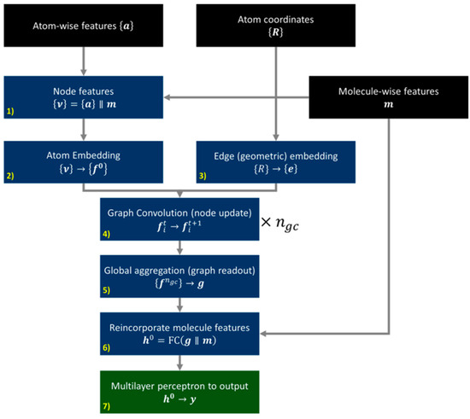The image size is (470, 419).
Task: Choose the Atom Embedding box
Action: coord(83,162)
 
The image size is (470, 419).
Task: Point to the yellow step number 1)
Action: coord(10,112)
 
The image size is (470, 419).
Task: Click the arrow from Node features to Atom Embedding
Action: coord(83,129)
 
